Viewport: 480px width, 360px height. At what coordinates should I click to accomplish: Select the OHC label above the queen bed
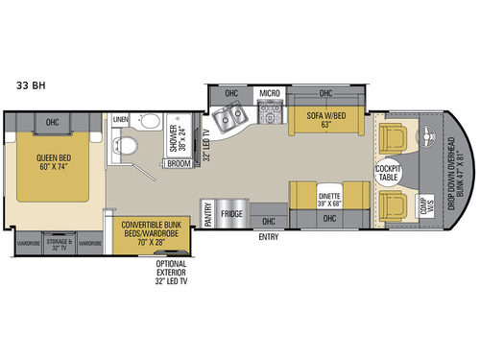coord(52,122)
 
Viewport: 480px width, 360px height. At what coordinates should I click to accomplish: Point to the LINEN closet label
coord(120,119)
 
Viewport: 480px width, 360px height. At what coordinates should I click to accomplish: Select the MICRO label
coord(270,93)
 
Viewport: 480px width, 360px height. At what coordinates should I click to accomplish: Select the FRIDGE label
coord(230,213)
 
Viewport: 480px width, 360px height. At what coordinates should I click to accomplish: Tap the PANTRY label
coord(205,212)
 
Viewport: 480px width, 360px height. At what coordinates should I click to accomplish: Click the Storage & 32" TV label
coord(59,244)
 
